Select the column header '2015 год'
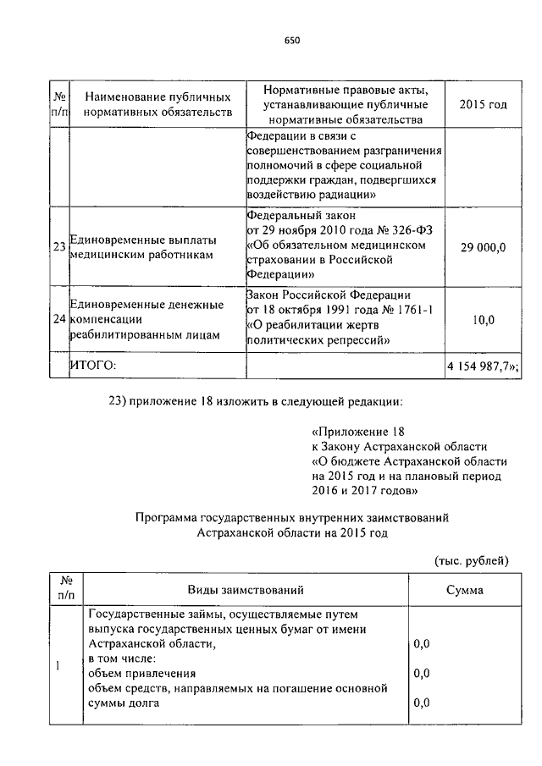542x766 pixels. [482, 104]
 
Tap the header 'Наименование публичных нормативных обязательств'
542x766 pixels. [158, 104]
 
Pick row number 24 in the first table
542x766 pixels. [59, 319]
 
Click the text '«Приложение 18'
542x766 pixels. [352, 430]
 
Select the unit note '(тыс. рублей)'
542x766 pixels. [471, 559]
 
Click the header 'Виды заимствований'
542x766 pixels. [246, 589]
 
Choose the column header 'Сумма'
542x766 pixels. [465, 589]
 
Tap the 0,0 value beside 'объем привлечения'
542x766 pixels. [422, 674]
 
